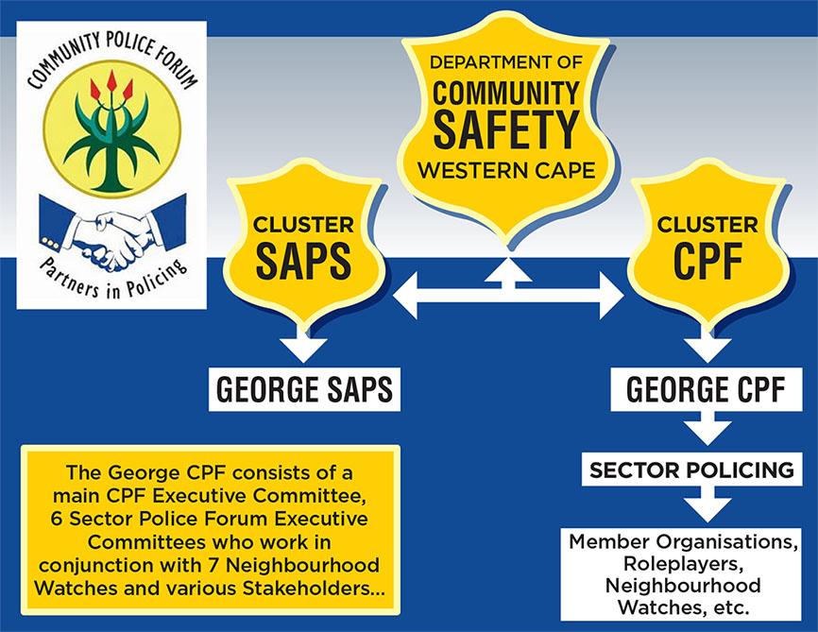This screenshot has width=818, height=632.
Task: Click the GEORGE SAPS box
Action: pos(304,388)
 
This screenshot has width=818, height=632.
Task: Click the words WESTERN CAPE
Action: pos(506,172)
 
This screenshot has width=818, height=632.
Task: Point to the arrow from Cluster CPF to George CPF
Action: pos(706,346)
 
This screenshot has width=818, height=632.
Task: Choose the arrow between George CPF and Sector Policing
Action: pos(706,431)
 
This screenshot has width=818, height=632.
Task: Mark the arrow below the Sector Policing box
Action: pos(706,508)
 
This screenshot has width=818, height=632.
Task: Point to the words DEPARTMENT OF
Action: pos(506,64)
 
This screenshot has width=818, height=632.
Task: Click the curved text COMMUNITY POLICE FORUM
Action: pos(111,57)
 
